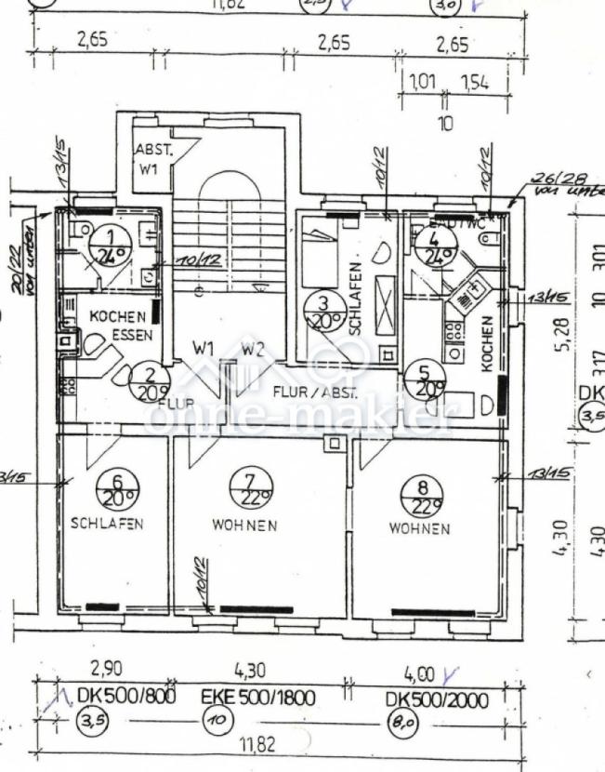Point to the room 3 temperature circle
pyautogui.click(x=322, y=312)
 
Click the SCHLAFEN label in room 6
pyautogui.click(x=107, y=524)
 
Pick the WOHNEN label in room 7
pyautogui.click(x=244, y=526)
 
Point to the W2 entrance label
pyautogui.click(x=253, y=349)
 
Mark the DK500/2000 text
pyautogui.click(x=436, y=699)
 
